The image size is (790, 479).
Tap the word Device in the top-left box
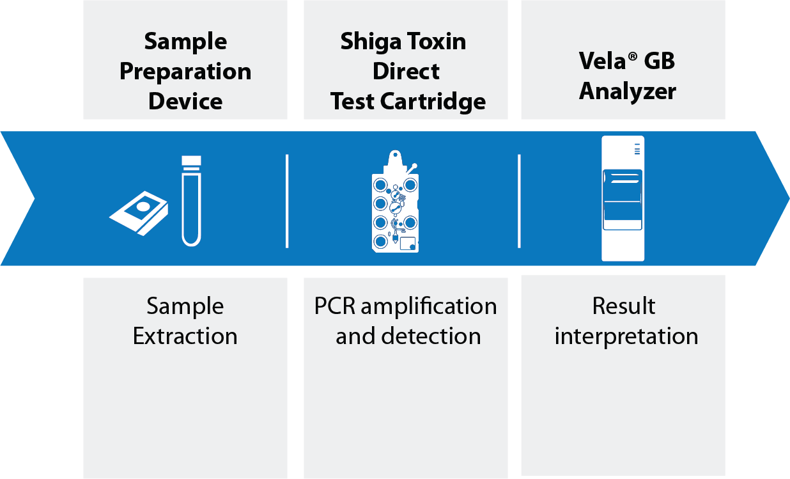tap(185, 101)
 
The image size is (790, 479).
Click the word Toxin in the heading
tap(437, 42)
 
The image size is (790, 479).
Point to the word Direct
tap(406, 71)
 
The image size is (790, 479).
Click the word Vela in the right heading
tap(602, 61)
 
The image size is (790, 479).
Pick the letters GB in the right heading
tap(659, 61)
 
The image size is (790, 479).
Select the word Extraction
tap(185, 336)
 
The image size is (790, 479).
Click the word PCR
tap(335, 306)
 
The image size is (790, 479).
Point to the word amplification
tap(429, 307)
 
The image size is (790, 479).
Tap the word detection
tap(431, 336)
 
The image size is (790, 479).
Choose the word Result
tap(624, 306)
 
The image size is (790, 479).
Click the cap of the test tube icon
tap(192, 161)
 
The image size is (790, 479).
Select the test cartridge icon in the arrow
tap(396, 201)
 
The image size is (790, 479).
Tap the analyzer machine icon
tap(623, 198)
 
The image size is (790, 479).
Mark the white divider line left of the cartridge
tap(287, 201)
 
